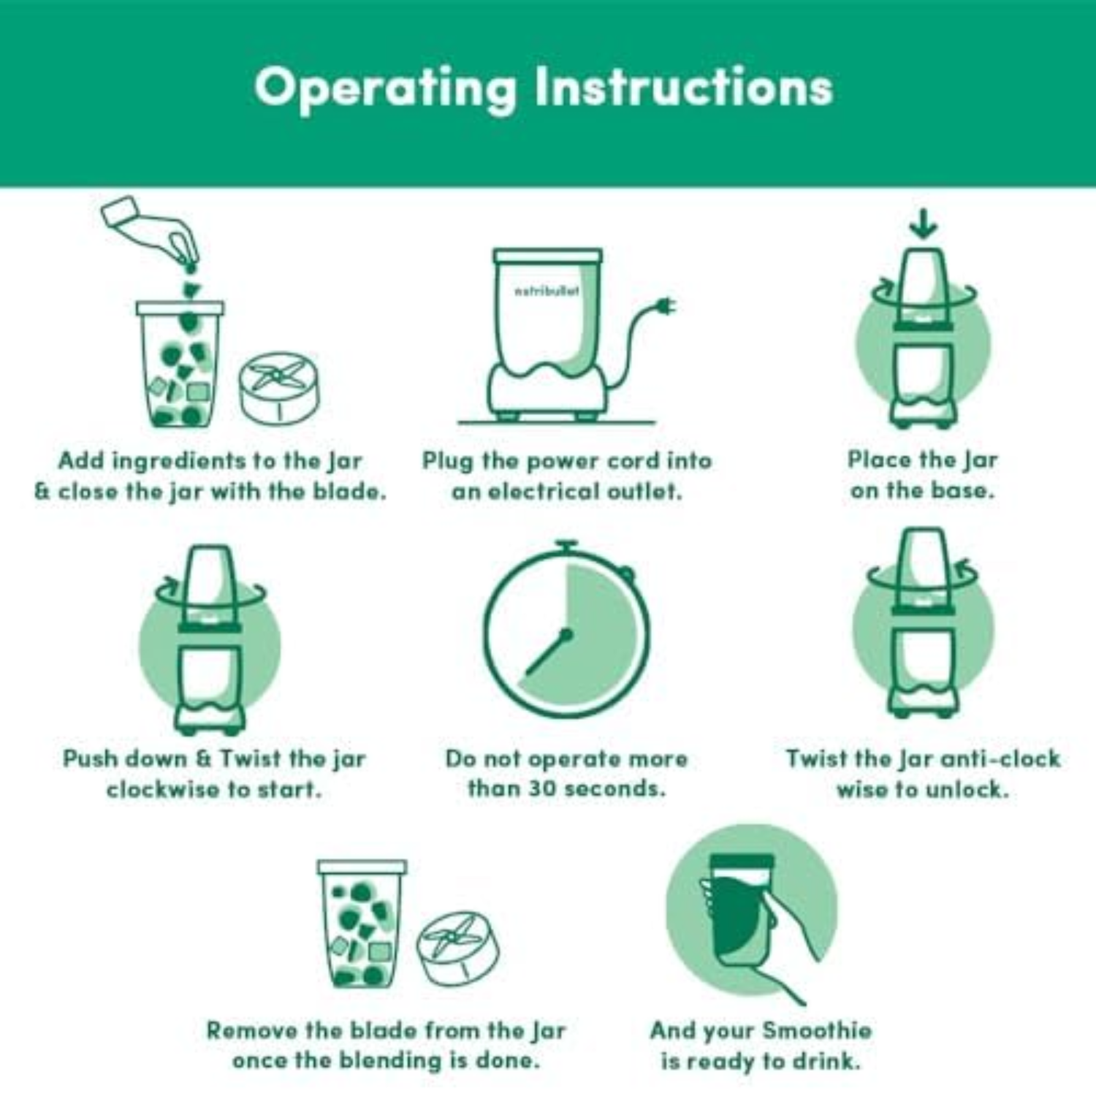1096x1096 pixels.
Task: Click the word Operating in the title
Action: coord(385,88)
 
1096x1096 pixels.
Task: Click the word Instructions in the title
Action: coord(684,86)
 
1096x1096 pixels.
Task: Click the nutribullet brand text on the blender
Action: coord(547,291)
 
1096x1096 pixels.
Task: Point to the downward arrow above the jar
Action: coord(924,224)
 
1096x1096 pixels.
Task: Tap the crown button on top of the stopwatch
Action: coord(566,546)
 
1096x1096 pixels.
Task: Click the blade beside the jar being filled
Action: coord(279,389)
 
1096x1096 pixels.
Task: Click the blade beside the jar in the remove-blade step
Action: coord(458,948)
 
